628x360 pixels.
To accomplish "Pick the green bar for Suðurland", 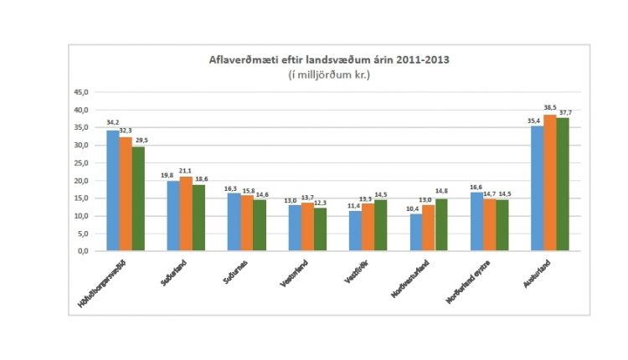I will click(198, 218).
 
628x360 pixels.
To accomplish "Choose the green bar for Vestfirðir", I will click(381, 225).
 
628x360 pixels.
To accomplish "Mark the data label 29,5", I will click(139, 141).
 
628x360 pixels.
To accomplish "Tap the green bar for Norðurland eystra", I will click(502, 225).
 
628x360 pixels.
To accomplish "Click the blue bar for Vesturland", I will click(295, 228).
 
